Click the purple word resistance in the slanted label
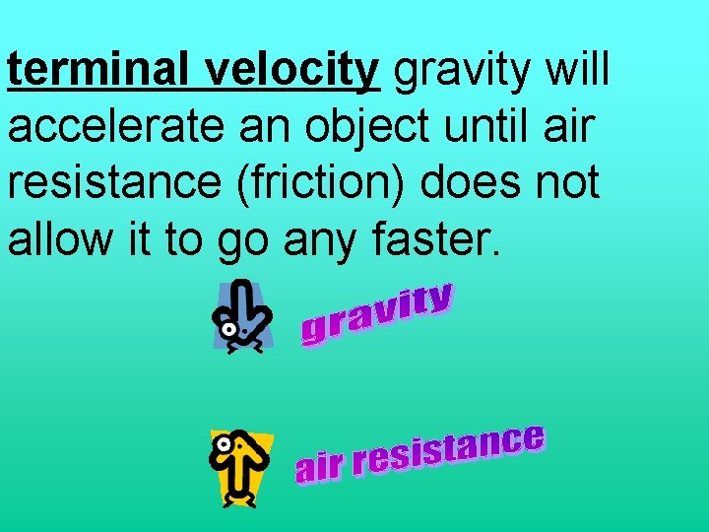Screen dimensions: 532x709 pos(449,451)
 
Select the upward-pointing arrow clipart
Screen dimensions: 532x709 pos(241,467)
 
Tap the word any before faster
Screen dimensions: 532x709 pos(314,239)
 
